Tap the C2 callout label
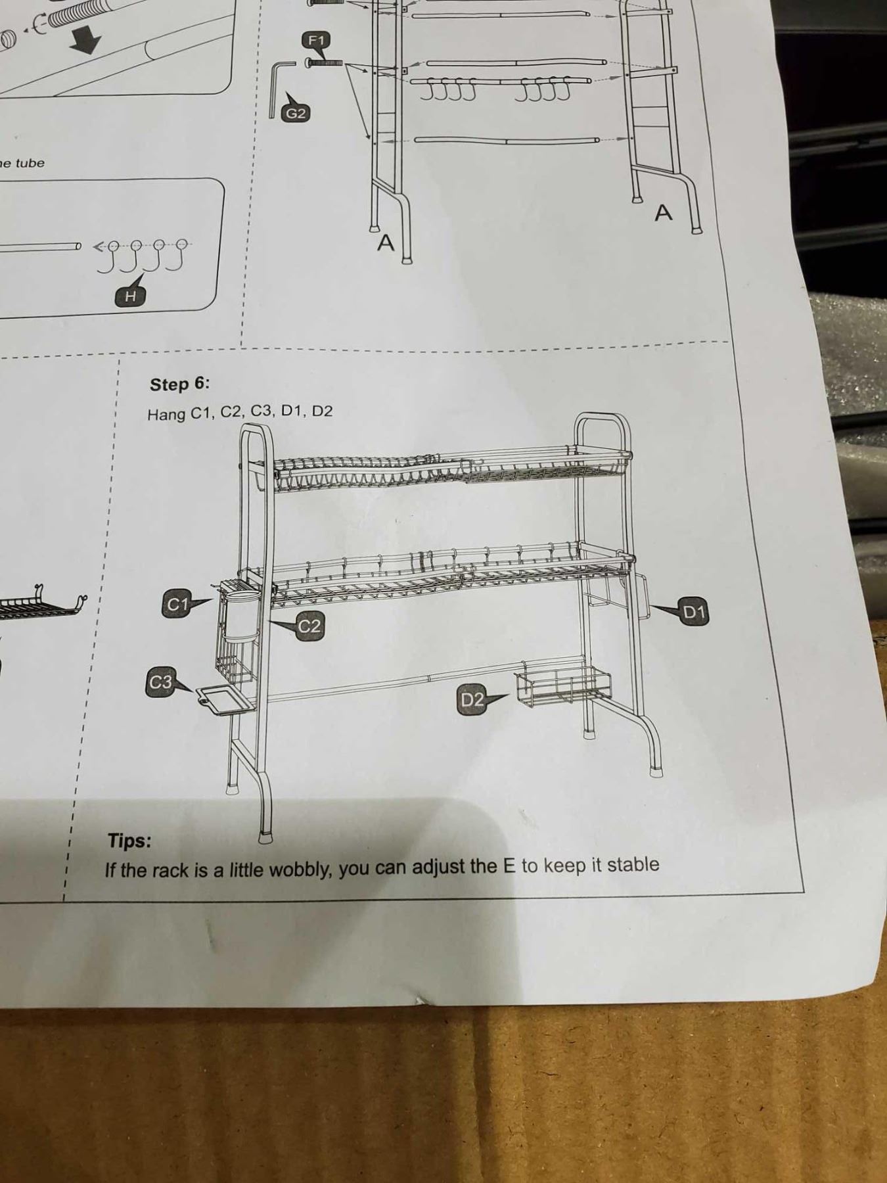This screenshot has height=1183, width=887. pyautogui.click(x=309, y=626)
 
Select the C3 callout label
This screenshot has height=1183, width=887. pyautogui.click(x=160, y=682)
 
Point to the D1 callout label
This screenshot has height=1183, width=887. pyautogui.click(x=694, y=613)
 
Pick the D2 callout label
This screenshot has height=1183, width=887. pyautogui.click(x=472, y=699)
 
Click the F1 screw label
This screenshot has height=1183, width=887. pyautogui.click(x=317, y=41)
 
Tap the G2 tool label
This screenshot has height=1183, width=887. pyautogui.click(x=295, y=114)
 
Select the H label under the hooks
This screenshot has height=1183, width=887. pyautogui.click(x=130, y=296)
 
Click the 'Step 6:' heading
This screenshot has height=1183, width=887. pyautogui.click(x=179, y=384)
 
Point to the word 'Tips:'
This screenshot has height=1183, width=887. pyautogui.click(x=129, y=841)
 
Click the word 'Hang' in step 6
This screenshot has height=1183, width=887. pyautogui.click(x=166, y=415)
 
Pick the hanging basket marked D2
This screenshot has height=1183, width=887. pyautogui.click(x=562, y=686)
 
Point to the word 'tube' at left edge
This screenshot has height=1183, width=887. pyautogui.click(x=29, y=163)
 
